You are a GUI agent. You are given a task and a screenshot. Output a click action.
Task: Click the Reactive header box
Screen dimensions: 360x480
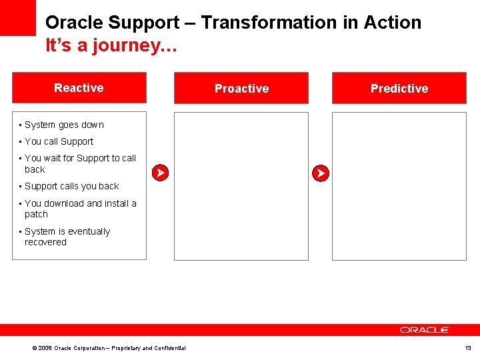[x=79, y=87]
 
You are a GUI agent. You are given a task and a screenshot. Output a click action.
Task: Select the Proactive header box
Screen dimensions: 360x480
[x=241, y=88]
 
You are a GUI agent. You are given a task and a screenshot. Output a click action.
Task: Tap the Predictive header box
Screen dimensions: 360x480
[x=399, y=88]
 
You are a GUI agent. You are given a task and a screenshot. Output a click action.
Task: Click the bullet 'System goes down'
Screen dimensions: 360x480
[x=64, y=125]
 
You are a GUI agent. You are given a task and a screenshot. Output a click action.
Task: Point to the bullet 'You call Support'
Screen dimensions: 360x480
[x=59, y=141]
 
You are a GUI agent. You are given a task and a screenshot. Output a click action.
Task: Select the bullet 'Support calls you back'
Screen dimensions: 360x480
[x=71, y=186]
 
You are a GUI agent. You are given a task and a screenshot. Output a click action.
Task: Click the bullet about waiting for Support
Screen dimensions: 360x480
[x=79, y=163]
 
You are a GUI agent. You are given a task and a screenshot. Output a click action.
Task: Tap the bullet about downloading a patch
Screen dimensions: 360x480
[x=80, y=209]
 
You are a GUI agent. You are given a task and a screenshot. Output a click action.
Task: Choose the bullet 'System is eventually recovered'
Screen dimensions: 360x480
[x=67, y=237]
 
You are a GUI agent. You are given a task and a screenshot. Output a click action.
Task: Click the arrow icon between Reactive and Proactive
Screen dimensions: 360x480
[x=160, y=173]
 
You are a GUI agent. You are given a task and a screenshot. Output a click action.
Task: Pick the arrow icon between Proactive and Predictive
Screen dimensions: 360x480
[x=321, y=173]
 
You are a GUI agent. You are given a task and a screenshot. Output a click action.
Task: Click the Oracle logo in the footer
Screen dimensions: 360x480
[x=425, y=330]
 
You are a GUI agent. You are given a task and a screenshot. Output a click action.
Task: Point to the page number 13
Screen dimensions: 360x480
[x=467, y=348]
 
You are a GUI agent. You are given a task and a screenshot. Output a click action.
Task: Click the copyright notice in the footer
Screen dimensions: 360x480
[x=110, y=348]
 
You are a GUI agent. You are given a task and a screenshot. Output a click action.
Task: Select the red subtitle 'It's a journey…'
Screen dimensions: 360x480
[x=110, y=46]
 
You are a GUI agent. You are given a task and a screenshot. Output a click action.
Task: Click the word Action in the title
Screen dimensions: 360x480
[x=393, y=23]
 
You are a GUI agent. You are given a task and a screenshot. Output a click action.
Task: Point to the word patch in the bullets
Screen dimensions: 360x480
[x=36, y=214]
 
